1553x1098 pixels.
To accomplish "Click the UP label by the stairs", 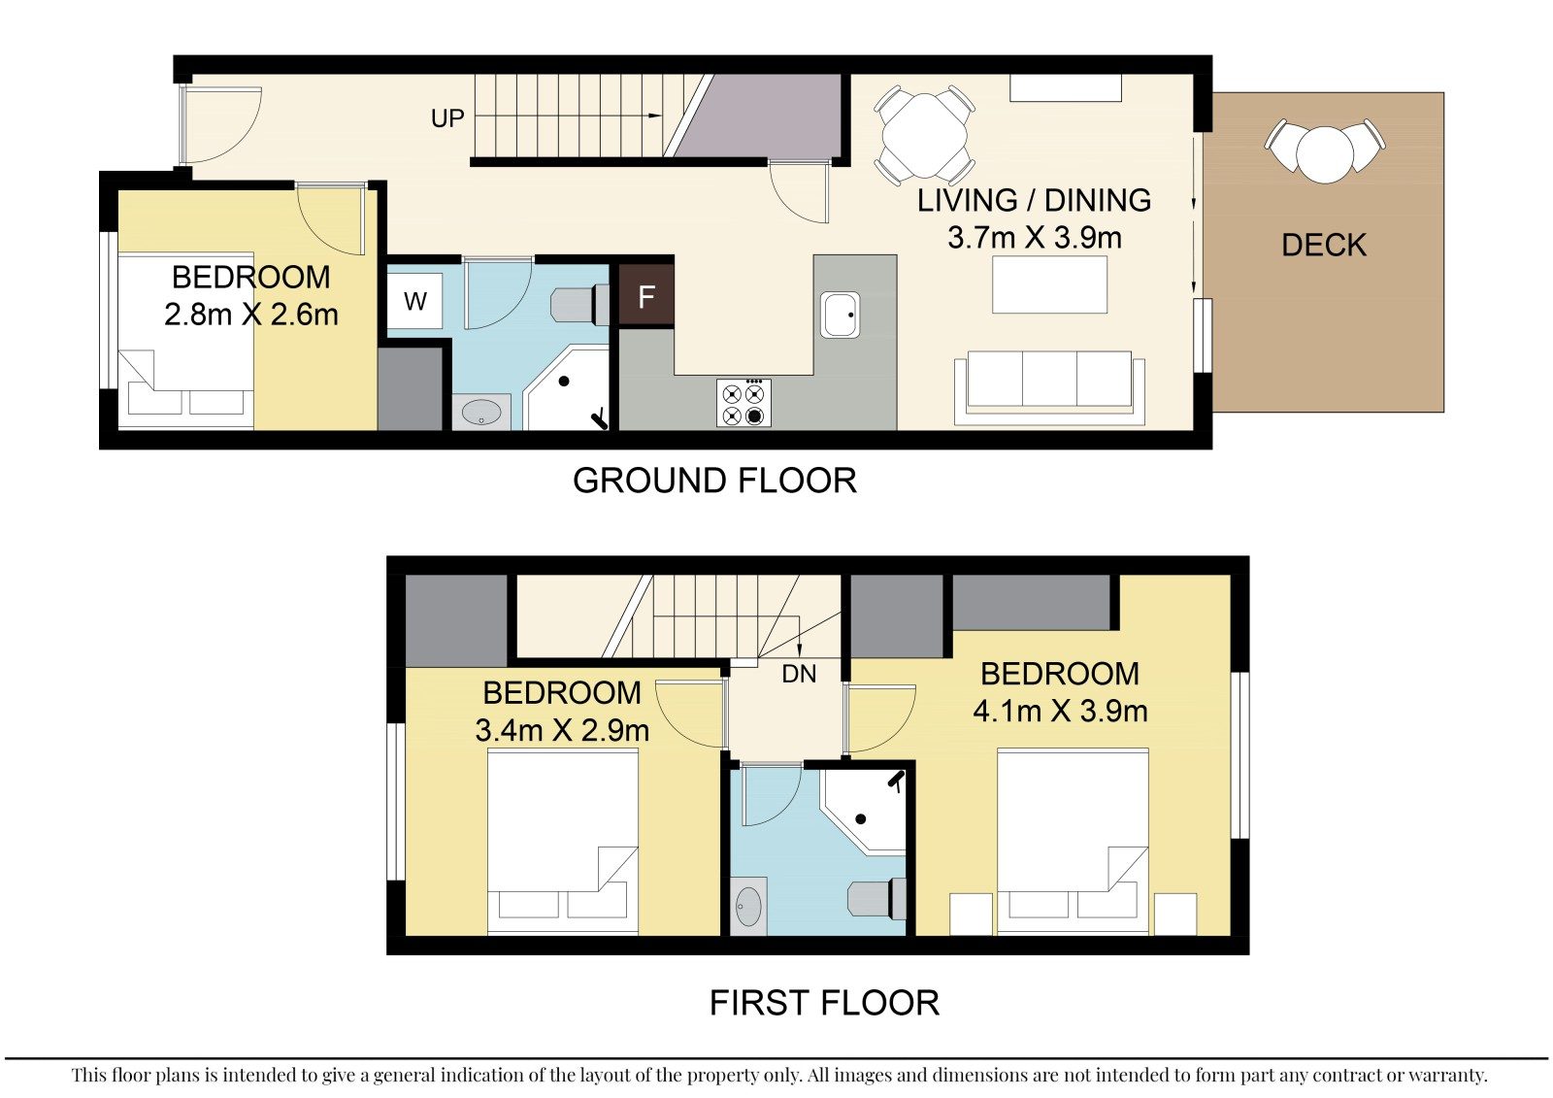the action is (447, 118).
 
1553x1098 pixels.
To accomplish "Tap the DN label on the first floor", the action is (799, 674).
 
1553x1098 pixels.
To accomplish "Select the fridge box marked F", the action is (646, 296).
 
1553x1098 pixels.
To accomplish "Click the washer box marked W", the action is (414, 301).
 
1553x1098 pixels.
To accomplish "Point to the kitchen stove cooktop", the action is (743, 403).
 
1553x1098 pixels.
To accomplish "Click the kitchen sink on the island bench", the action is (841, 315).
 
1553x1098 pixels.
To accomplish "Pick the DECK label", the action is (1324, 245).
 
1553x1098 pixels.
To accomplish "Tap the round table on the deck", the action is (1324, 154).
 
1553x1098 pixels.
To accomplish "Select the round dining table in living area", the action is (925, 135).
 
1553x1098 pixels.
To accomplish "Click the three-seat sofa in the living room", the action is (1049, 387).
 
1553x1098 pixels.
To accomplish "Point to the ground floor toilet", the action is (579, 304).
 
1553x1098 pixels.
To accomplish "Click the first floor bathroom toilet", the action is (877, 899).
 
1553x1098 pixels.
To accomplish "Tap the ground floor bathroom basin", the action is (481, 413).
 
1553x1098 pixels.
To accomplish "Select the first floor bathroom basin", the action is (748, 907).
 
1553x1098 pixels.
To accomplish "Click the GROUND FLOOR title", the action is (714, 481).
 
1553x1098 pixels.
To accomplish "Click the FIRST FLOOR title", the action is (824, 1003).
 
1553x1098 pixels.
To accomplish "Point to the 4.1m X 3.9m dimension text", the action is (1060, 711).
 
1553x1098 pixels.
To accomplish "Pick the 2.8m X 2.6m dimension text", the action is (251, 315).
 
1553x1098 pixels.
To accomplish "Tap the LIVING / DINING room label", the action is (1034, 200).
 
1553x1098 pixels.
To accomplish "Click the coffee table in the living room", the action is (1049, 284).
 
